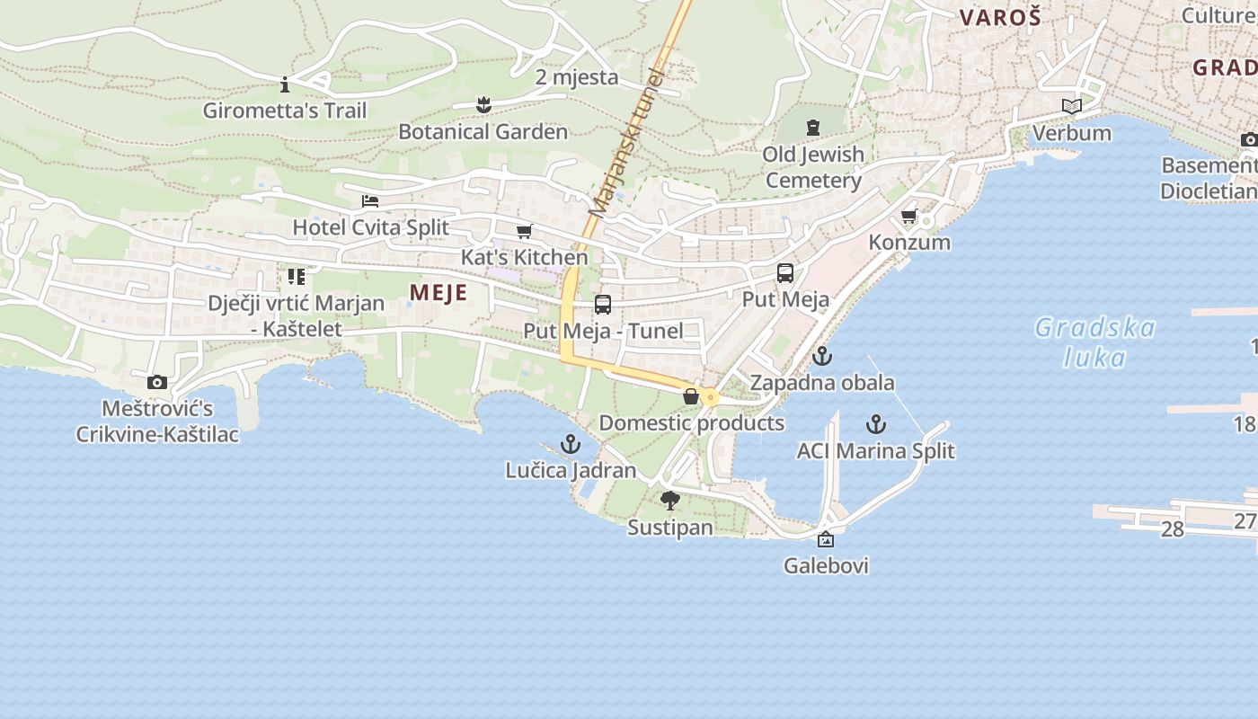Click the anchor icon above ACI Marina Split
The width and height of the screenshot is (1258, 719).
pos(876,424)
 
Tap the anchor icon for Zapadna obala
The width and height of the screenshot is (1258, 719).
pos(822,357)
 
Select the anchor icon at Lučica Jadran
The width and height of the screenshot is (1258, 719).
pos(571,444)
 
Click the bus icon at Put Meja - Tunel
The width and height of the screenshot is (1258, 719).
pos(603,305)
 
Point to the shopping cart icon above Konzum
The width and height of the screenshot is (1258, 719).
pos(909,217)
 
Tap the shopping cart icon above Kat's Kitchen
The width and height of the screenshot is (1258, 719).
pos(525,232)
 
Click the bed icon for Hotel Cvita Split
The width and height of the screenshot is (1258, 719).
pos(370,201)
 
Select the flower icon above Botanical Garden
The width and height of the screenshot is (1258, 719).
pos(483,105)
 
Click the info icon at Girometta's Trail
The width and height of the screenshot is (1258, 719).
pos(285,85)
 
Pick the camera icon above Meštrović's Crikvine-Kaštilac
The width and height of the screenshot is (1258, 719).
pos(157,383)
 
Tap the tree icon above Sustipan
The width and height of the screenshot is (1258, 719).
pos(670,502)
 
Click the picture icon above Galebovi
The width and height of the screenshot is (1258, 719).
pos(826,540)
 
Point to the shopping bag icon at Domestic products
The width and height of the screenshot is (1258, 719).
pos(691,396)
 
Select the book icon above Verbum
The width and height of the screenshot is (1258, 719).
pos(1071,107)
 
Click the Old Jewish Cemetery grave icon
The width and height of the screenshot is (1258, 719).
pos(813,128)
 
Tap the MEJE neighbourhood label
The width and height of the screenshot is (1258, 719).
pos(439,292)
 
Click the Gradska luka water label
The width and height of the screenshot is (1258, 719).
pos(1094,342)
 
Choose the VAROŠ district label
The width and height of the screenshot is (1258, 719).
pos(999,17)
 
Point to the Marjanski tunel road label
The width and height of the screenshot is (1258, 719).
pos(625,144)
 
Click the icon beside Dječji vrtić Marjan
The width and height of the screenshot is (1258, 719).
pos(297,277)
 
